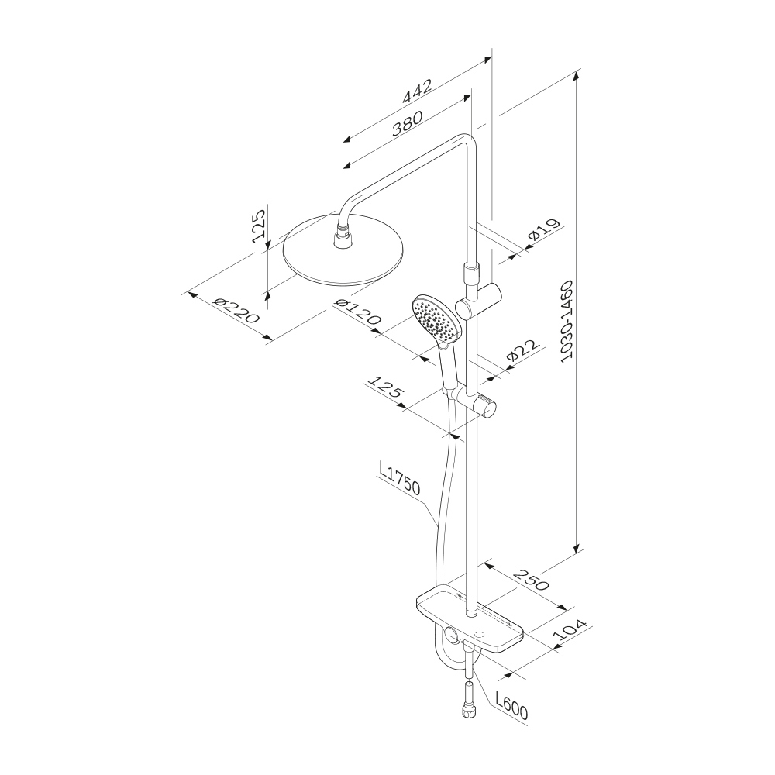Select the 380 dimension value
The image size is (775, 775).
pyautogui.click(x=408, y=123)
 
